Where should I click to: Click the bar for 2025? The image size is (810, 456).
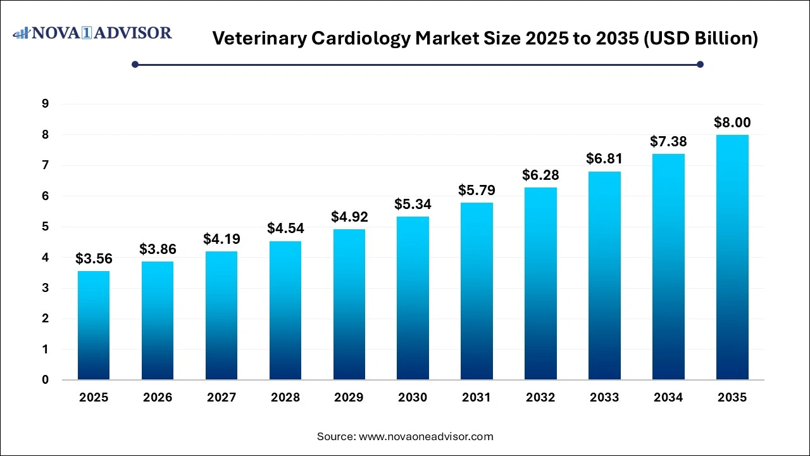(x=93, y=326)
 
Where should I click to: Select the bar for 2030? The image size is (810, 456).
(x=413, y=298)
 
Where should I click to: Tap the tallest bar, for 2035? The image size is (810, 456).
(x=732, y=257)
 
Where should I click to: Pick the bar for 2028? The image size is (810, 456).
(x=285, y=310)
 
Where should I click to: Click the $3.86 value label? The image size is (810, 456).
(x=158, y=249)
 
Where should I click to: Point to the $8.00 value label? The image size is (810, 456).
(x=732, y=122)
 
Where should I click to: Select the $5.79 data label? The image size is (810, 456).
(x=477, y=189)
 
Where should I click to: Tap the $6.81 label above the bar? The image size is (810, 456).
(x=604, y=158)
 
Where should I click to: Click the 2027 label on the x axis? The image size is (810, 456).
(x=221, y=398)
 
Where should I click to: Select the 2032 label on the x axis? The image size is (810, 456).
(x=540, y=398)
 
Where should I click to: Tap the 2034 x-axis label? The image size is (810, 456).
(x=668, y=398)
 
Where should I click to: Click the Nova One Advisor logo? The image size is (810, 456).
(x=92, y=33)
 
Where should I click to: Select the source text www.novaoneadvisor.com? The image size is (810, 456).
(x=426, y=436)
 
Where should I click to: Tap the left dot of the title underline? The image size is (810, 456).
(x=135, y=64)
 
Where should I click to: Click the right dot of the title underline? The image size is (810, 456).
(x=700, y=64)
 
